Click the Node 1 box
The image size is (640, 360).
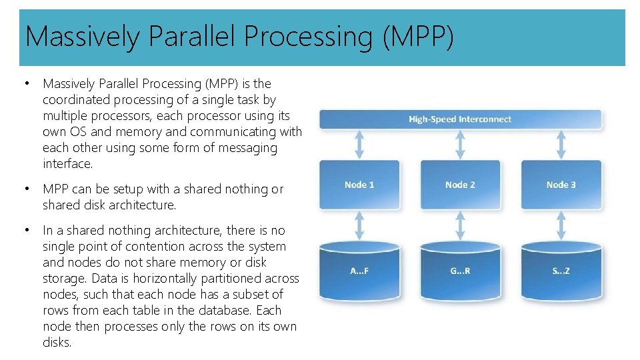click(x=359, y=185)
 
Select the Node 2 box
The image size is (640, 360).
click(x=460, y=185)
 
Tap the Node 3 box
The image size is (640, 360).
click(x=561, y=185)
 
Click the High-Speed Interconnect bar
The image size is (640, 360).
click(x=460, y=119)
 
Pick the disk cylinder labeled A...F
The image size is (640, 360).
click(x=359, y=271)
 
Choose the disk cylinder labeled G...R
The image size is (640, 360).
click(x=460, y=271)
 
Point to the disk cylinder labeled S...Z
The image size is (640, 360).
click(x=561, y=271)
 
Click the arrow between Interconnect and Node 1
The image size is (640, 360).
click(x=359, y=145)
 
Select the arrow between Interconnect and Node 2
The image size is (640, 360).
click(x=460, y=145)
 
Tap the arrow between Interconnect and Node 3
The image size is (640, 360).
click(x=561, y=145)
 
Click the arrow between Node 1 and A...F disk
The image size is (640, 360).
click(x=359, y=225)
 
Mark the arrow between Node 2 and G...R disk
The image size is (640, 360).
click(x=460, y=225)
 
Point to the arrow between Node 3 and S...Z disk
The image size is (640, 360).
click(x=561, y=225)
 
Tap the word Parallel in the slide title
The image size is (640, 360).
click(x=193, y=37)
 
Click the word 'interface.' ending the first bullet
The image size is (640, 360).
click(x=67, y=164)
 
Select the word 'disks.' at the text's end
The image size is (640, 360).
click(x=57, y=343)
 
